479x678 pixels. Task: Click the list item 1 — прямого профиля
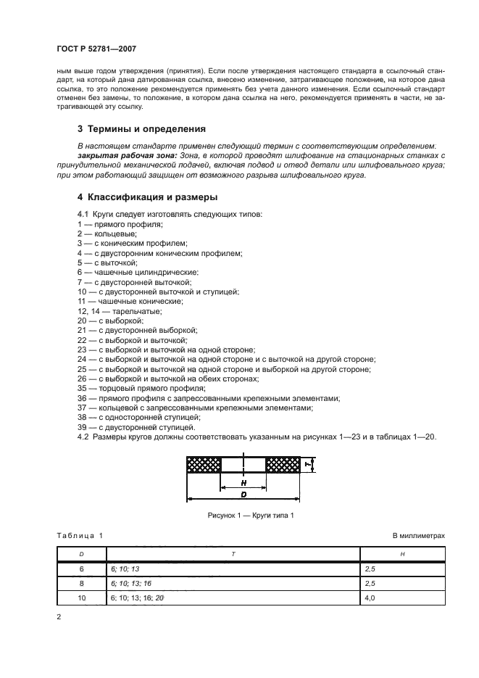114,226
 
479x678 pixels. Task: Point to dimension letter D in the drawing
243,495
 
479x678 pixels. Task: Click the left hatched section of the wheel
203,463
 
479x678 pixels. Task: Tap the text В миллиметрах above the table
418,535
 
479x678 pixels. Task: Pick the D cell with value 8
81,583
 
